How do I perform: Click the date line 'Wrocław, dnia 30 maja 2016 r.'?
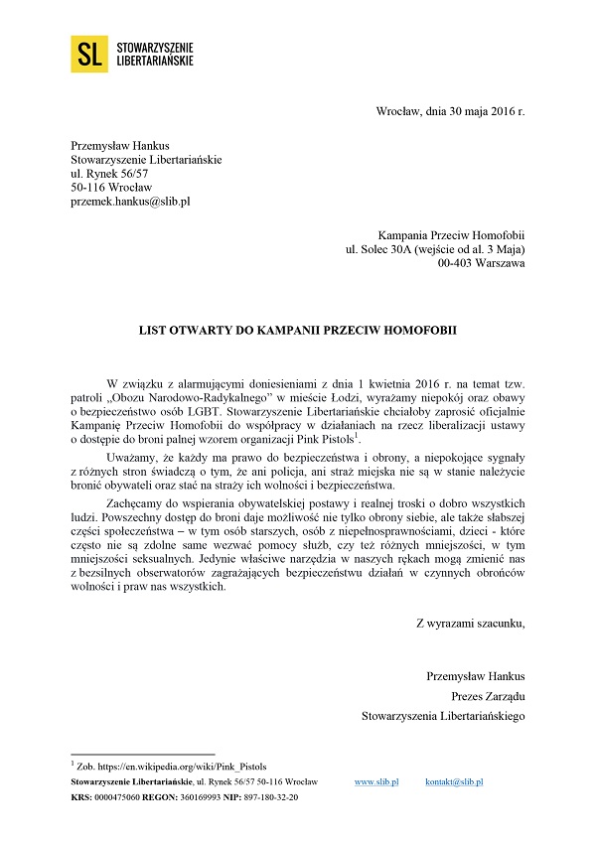point(450,110)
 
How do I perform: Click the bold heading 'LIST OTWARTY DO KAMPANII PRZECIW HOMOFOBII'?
point(297,327)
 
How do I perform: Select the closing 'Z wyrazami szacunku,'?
point(470,623)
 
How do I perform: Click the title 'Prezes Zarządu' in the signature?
point(488,695)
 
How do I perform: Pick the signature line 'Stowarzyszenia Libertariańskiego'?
point(443,714)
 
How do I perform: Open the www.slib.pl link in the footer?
point(376,782)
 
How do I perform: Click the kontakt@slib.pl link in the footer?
point(454,782)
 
